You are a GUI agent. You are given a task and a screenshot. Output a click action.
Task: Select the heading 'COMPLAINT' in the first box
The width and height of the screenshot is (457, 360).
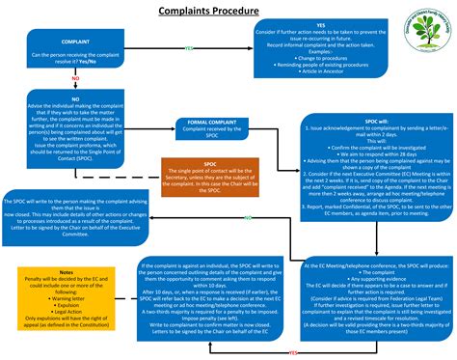[x=77, y=43]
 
